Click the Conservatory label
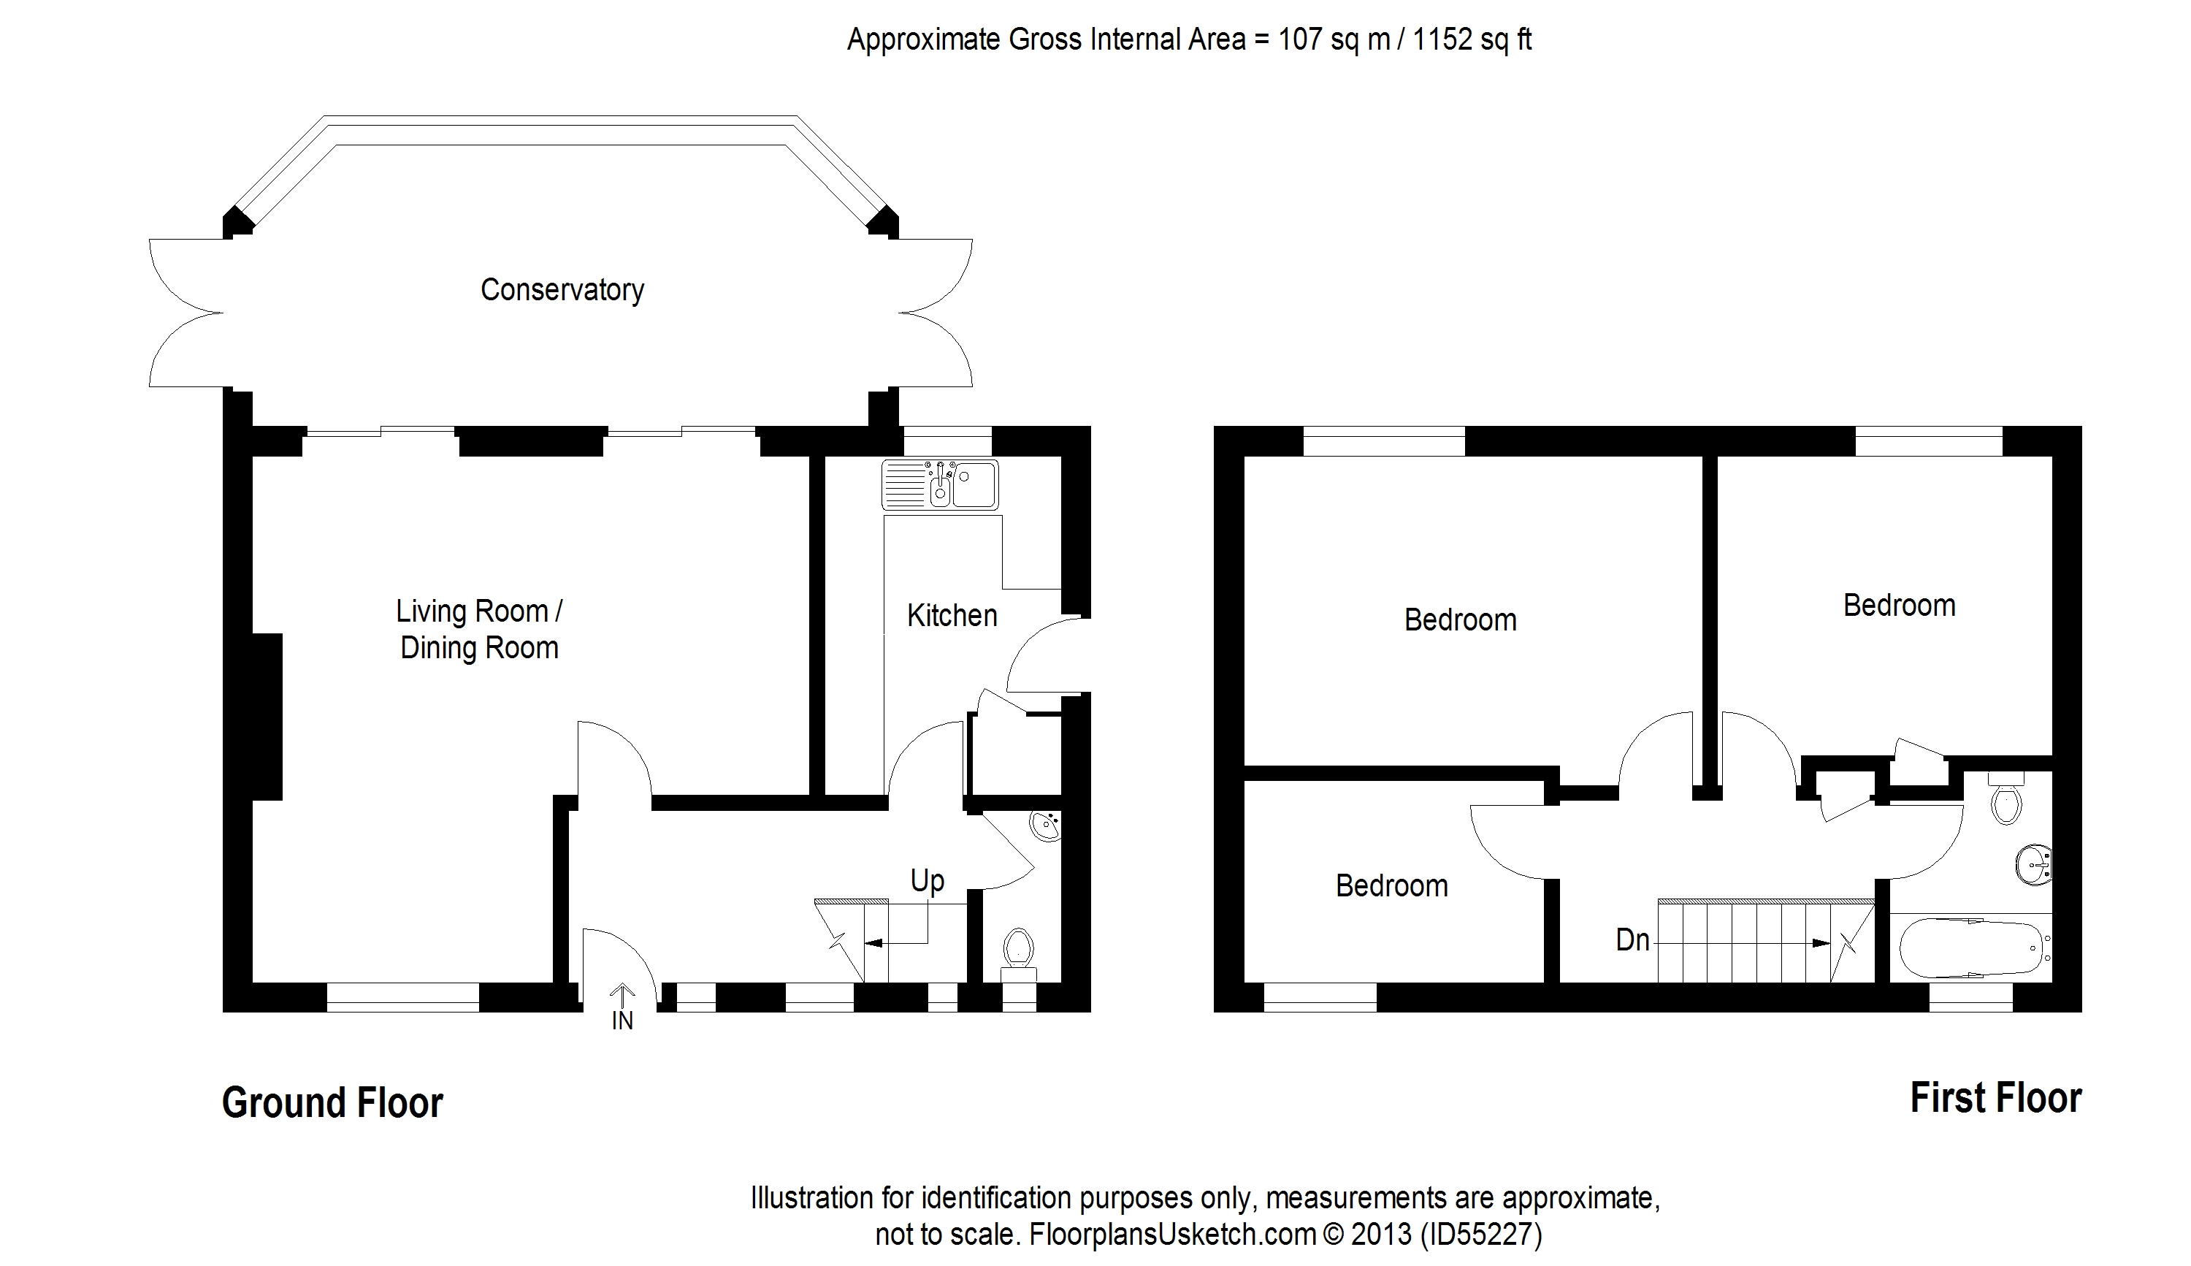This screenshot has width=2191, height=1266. pos(562,289)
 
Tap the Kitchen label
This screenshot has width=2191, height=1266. pos(952,616)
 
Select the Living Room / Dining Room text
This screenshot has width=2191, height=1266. pos(479,629)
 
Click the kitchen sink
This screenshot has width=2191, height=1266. pos(939,484)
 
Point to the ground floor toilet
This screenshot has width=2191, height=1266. pos(1017,951)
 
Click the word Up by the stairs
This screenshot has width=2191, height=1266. pos(928,882)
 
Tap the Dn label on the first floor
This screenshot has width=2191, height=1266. pos(1632,940)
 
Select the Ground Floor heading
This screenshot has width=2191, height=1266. pos(332,1102)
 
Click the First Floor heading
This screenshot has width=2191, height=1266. pos(1995,1098)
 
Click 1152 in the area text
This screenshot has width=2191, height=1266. pos(1442,40)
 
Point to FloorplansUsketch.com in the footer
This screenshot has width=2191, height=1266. pos(1172,1235)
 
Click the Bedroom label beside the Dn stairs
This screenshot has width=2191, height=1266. pos(1391,886)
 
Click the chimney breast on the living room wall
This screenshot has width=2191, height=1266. pos(267,716)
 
